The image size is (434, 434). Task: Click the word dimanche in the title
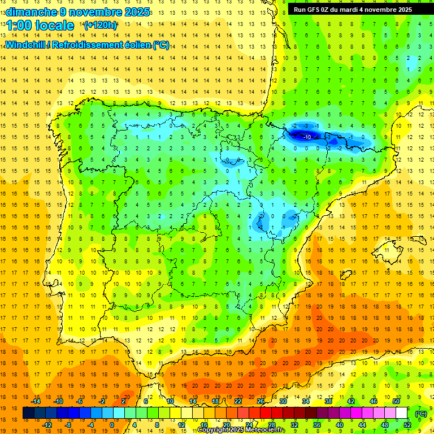pos(32,12)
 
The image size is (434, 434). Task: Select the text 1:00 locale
pos(40,25)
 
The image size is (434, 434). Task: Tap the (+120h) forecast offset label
pos(101,25)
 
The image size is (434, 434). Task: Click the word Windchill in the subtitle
pos(27,45)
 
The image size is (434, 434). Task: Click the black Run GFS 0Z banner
pos(353,10)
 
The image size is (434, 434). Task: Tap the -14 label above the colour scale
pos(35,401)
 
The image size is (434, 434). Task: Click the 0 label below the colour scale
pos(112,425)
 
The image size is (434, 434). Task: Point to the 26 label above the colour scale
pos(261,401)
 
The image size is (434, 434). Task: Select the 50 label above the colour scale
pos(396,401)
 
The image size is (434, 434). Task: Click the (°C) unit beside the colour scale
pos(420,413)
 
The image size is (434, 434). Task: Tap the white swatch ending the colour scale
pos(401,413)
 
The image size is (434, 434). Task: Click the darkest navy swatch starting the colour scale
pos(28,413)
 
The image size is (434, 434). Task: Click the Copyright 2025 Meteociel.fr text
pos(242,430)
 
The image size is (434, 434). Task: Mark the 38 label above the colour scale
pos(328,401)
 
